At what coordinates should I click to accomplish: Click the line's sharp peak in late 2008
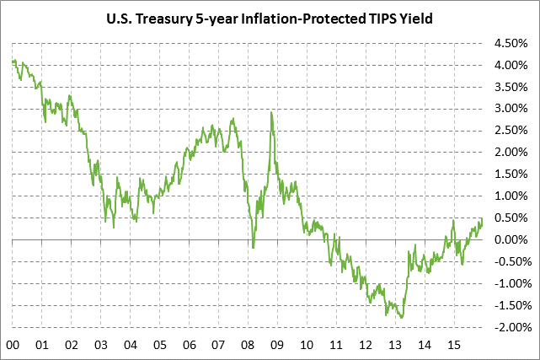pos(271,112)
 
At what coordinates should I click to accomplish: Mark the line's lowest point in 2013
pos(402,318)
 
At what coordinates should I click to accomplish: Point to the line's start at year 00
pos(13,60)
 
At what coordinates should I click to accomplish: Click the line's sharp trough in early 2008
pos(254,248)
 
